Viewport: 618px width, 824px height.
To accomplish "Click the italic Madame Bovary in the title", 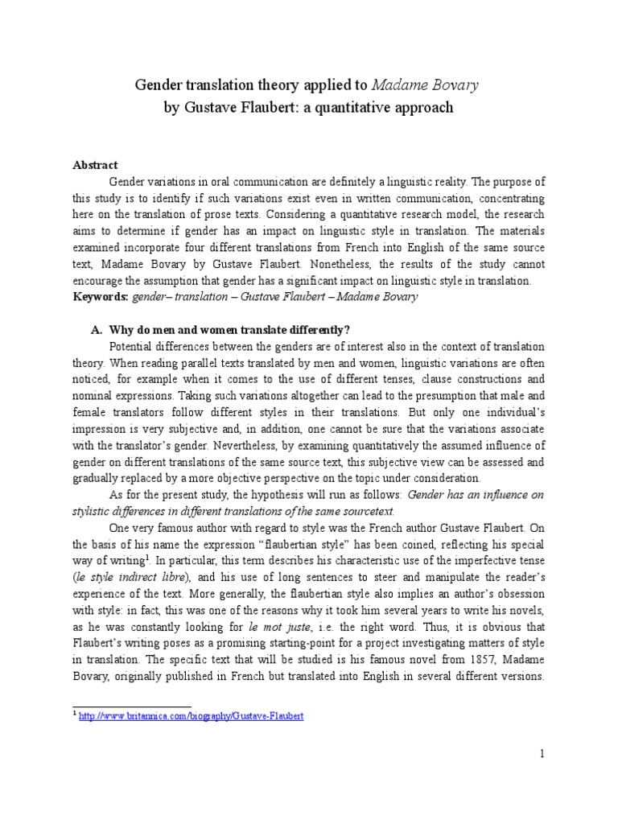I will tap(439, 85).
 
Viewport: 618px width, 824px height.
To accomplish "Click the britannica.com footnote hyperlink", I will tap(191, 715).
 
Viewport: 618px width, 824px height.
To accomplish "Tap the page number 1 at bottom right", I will tap(542, 753).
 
